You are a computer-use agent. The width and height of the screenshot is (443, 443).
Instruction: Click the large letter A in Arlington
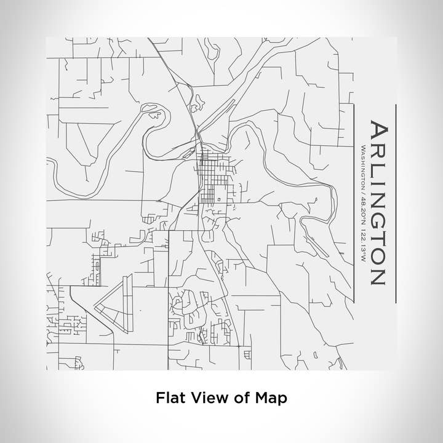(377, 131)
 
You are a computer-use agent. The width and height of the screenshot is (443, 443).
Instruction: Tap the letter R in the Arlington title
(377, 151)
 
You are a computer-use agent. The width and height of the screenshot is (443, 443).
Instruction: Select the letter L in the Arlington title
(377, 167)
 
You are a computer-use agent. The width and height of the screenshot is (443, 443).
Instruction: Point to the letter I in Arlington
(377, 180)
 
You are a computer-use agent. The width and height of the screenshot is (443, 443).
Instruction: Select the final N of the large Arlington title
(377, 273)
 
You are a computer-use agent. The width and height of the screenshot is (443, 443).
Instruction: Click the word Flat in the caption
(169, 399)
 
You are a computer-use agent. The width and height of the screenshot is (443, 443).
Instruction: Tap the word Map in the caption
(271, 399)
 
